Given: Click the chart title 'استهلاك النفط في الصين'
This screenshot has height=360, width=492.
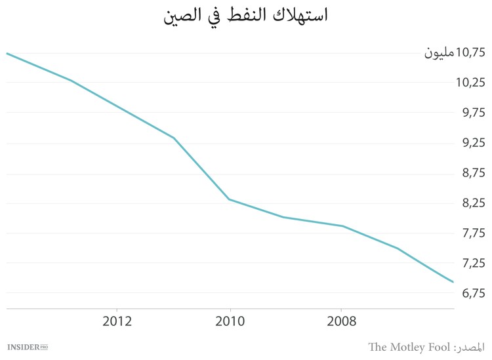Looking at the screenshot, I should (246, 16).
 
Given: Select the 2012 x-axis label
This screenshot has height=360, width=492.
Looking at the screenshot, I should (117, 321).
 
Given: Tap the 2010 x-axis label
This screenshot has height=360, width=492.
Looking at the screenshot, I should (230, 321).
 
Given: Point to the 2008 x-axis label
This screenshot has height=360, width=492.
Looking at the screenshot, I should (342, 321).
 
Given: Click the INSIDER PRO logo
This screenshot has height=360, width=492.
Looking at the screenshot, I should (28, 346).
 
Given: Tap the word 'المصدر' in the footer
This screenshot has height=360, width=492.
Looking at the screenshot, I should (470, 346).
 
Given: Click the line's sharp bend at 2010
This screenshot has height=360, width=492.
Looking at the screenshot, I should (229, 199).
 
